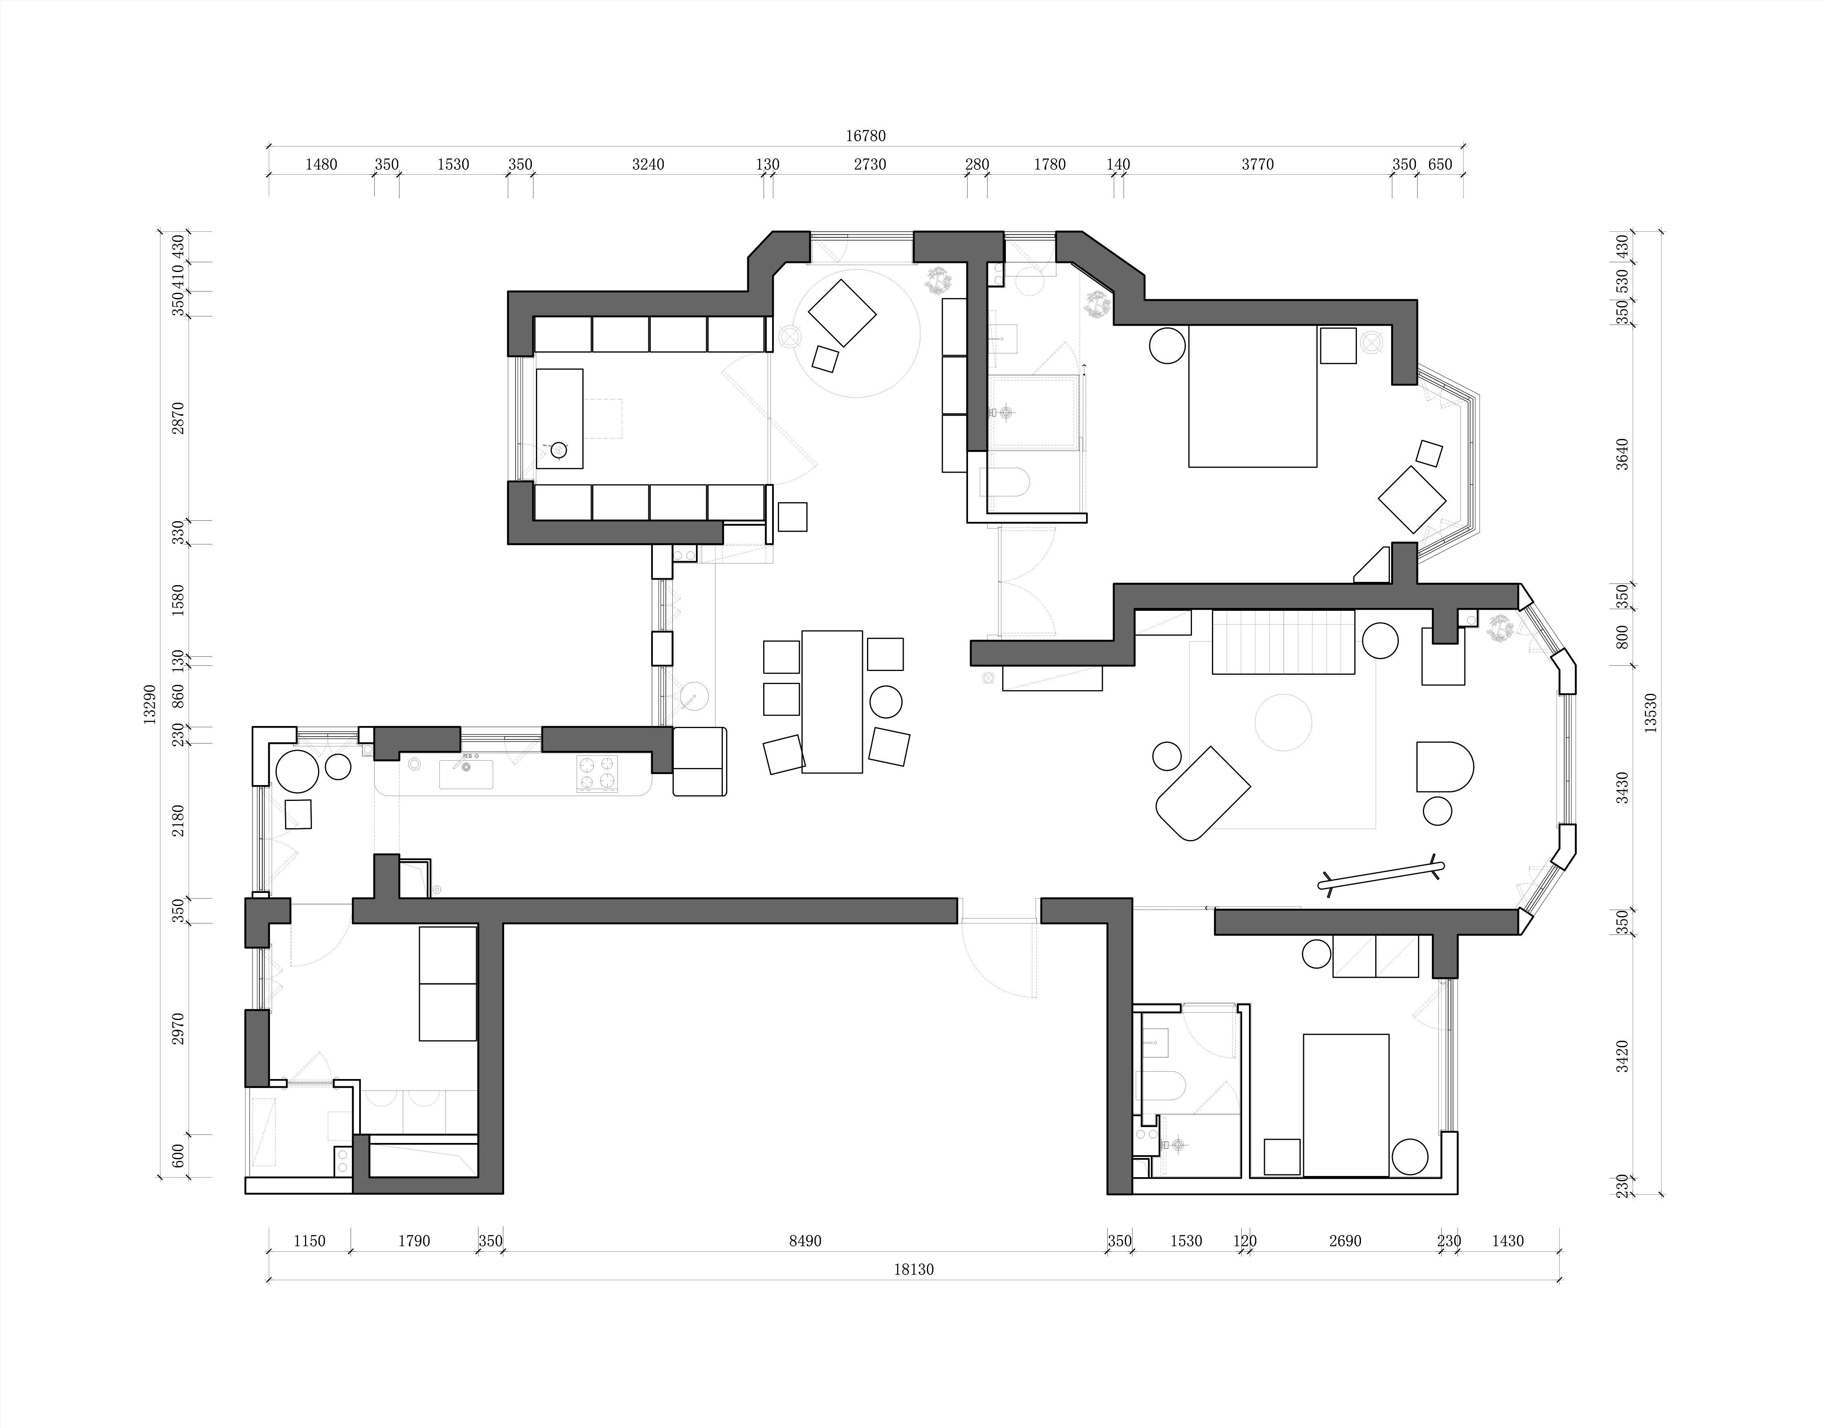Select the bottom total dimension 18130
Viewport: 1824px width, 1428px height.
pos(914,1269)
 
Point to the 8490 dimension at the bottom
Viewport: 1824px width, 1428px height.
pos(805,1241)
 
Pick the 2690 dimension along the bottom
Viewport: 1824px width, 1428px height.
pos(1345,1241)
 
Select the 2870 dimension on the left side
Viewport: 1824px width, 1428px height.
pos(177,418)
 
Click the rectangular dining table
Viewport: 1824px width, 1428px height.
pos(832,702)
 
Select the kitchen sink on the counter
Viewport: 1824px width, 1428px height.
pos(465,773)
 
